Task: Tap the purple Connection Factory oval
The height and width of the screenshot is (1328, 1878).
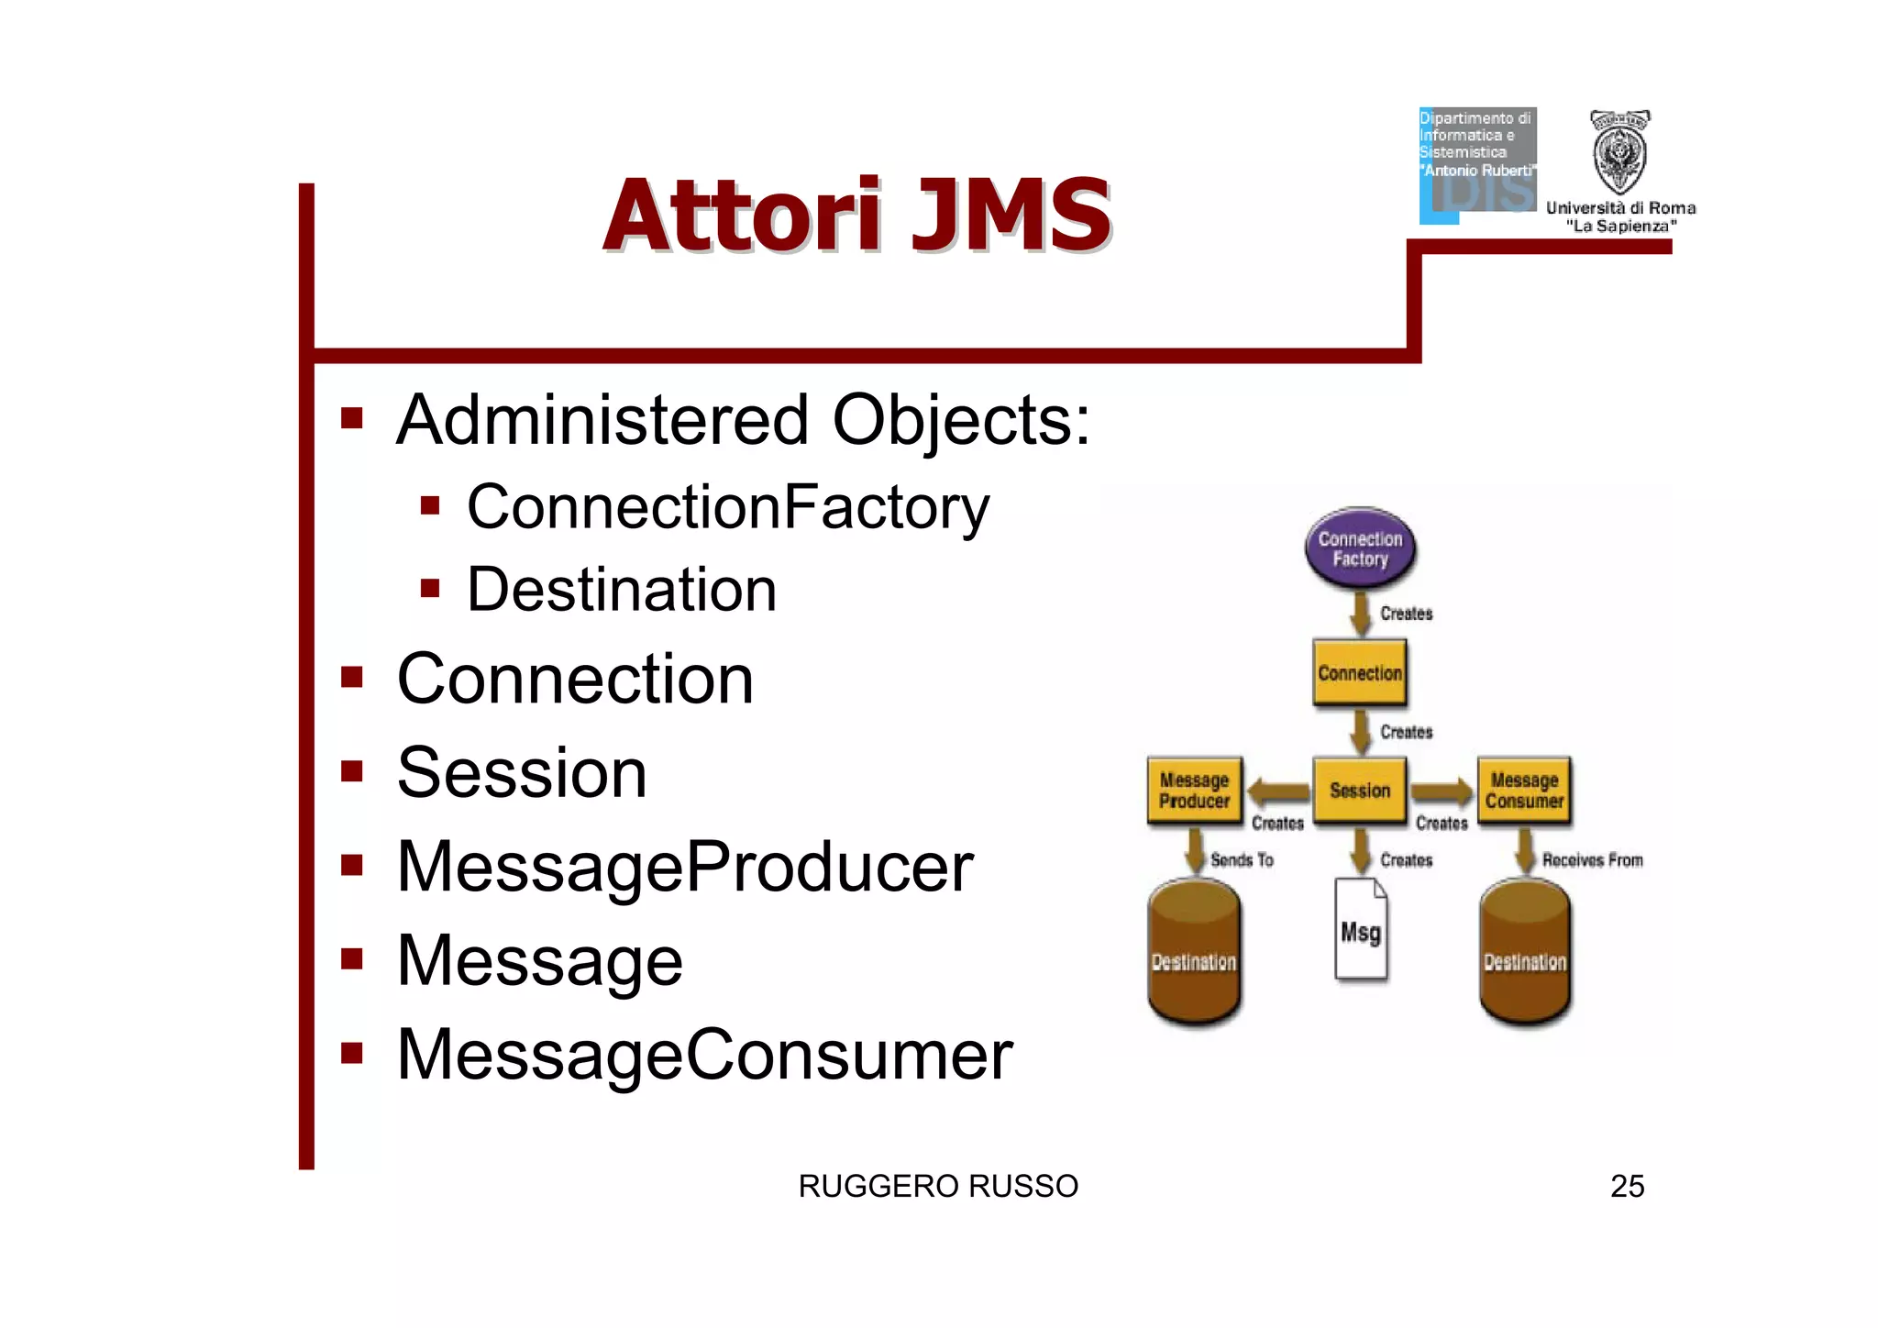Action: coord(1360,548)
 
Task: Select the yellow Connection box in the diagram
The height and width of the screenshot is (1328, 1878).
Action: coord(1360,673)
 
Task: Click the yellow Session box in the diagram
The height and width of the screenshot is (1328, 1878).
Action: coord(1360,790)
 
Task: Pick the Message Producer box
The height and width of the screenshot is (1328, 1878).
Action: coord(1194,790)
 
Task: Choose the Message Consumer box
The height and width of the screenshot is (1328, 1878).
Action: coord(1524,790)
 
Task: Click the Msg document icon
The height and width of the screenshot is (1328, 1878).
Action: coord(1361,930)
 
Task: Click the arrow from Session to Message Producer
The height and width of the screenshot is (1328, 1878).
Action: coord(1278,791)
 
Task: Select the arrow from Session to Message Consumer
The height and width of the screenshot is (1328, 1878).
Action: coord(1442,791)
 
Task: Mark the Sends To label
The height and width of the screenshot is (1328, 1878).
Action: coord(1242,859)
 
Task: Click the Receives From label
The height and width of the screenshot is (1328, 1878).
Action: coord(1592,859)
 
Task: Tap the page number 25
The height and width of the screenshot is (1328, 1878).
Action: coord(1627,1186)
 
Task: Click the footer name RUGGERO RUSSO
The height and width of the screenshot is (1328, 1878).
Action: coord(938,1186)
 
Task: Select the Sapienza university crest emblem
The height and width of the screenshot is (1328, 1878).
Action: coord(1619,151)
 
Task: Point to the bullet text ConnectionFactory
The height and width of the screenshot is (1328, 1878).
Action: coord(728,507)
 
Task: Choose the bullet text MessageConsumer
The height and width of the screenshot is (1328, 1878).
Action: coord(704,1055)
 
